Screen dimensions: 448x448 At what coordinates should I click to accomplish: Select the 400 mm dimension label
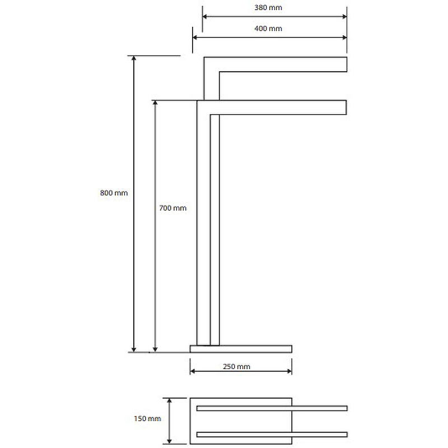click(268, 29)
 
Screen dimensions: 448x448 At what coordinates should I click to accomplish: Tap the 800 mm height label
click(114, 193)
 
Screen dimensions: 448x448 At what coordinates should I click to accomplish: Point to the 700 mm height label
click(172, 208)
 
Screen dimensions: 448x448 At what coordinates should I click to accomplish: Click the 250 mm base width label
click(236, 367)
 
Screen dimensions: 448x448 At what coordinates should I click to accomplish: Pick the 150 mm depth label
click(148, 419)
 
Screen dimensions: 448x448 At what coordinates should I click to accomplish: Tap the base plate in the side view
click(241, 349)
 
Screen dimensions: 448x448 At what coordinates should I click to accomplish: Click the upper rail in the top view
click(272, 408)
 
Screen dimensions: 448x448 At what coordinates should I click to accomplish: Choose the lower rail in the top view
click(272, 434)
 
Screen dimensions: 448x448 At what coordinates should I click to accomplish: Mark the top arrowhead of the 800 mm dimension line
click(134, 60)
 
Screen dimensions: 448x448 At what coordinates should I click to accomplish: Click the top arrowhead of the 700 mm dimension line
click(156, 105)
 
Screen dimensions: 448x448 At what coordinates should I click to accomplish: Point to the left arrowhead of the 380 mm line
click(206, 16)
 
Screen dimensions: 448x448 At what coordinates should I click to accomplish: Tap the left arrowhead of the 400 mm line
click(196, 37)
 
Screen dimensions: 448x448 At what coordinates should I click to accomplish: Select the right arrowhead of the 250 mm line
click(288, 371)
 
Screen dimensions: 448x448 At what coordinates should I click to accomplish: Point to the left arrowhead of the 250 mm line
click(193, 371)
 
